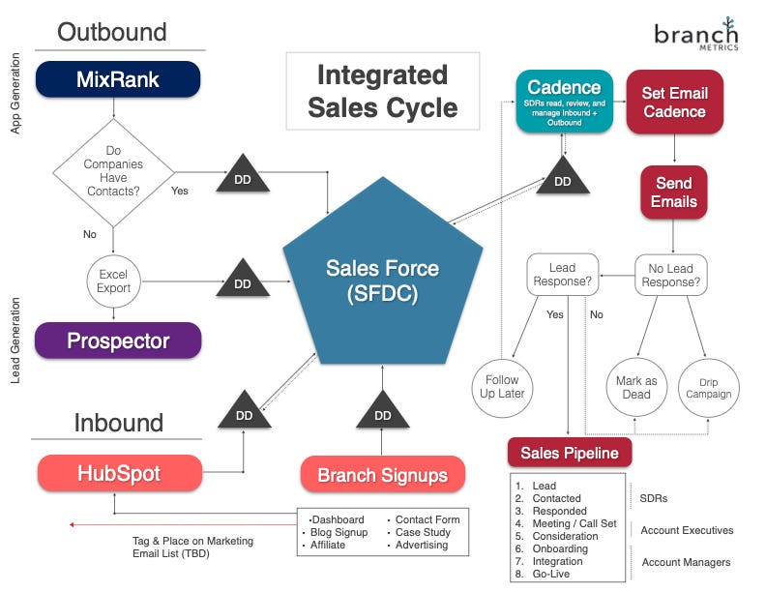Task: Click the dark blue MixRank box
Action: click(118, 79)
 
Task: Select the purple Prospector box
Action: click(118, 340)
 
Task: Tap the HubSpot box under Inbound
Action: click(119, 474)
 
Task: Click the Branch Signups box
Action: click(383, 475)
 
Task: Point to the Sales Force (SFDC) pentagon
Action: click(382, 281)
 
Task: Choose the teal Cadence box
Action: click(565, 95)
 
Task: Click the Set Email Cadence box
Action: click(674, 103)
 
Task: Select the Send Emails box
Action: click(674, 192)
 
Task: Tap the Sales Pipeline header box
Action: click(570, 453)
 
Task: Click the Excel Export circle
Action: click(113, 281)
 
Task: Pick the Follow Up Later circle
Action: click(503, 387)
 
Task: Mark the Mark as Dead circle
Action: click(636, 388)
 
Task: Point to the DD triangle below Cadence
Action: click(563, 177)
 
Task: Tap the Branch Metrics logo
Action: click(696, 38)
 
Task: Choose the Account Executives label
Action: click(687, 530)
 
